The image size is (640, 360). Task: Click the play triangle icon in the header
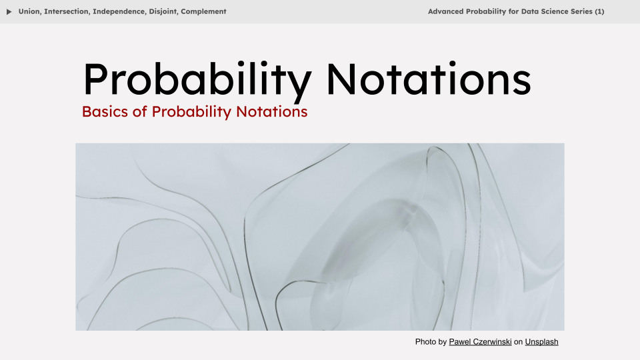pyautogui.click(x=9, y=11)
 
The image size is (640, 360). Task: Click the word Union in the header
pyautogui.click(x=29, y=11)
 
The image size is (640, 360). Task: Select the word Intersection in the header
pyautogui.click(x=67, y=11)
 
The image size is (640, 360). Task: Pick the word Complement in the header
pyautogui.click(x=203, y=11)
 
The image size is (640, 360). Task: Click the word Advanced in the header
pyautogui.click(x=448, y=11)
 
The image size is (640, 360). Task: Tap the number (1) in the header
pyautogui.click(x=599, y=11)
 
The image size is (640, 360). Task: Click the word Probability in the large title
pyautogui.click(x=197, y=80)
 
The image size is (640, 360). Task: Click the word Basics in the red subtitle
pyautogui.click(x=105, y=111)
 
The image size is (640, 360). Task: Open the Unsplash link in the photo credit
pyautogui.click(x=541, y=342)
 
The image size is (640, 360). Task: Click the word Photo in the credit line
pyautogui.click(x=425, y=342)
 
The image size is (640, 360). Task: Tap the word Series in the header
pyautogui.click(x=579, y=11)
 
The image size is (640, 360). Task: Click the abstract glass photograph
pyautogui.click(x=320, y=237)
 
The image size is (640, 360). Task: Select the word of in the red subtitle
pyautogui.click(x=140, y=111)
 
